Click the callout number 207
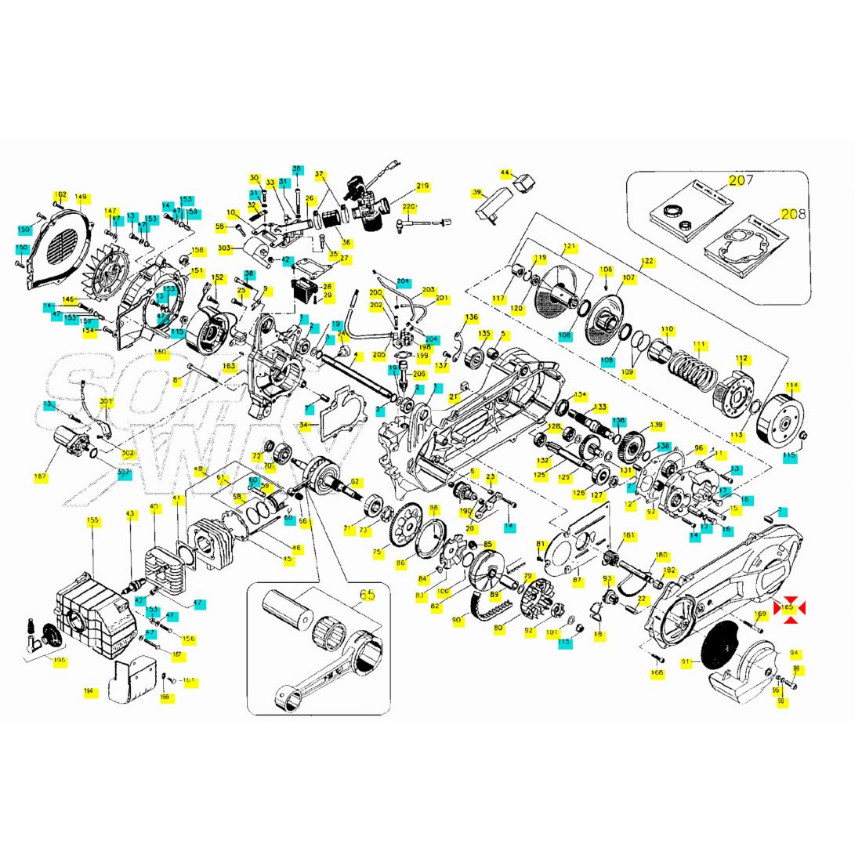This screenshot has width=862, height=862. [x=741, y=181]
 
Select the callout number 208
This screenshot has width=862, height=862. [x=794, y=213]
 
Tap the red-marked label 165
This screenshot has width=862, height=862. [x=788, y=607]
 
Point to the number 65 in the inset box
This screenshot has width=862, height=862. [x=368, y=595]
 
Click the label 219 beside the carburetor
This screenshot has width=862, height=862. [x=422, y=187]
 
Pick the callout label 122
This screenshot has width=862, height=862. [x=646, y=261]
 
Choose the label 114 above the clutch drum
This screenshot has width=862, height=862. [x=791, y=386]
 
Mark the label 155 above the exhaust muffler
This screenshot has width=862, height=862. [x=93, y=520]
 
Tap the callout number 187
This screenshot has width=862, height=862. [x=41, y=476]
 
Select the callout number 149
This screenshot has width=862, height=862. [x=81, y=197]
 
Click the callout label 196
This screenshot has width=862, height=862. [x=60, y=661]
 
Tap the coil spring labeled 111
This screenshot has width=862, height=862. [x=693, y=368]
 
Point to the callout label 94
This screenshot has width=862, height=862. [x=794, y=653]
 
